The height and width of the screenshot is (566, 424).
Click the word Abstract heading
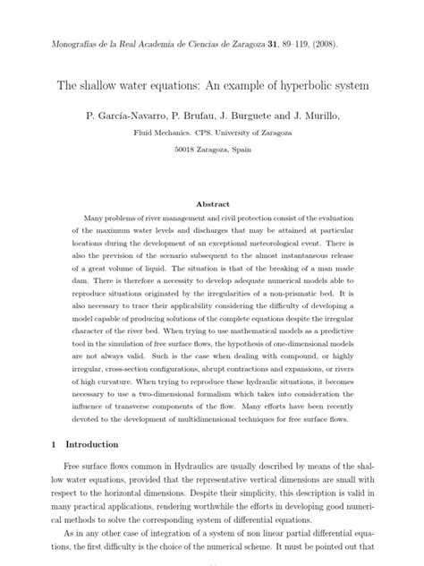[213, 204]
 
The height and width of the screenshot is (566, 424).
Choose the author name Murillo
[343, 116]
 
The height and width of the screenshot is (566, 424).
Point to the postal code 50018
[189, 150]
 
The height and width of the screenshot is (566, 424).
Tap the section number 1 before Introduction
[55, 443]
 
